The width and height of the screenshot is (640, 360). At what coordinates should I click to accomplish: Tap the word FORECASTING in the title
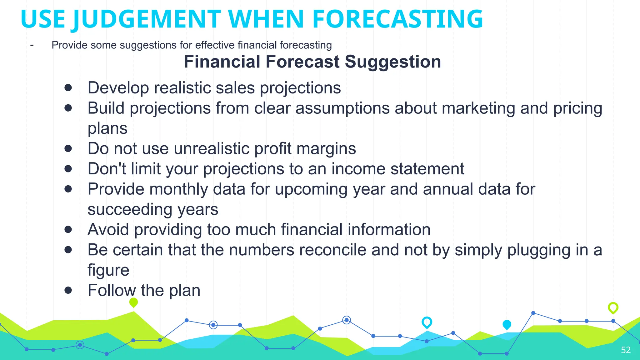pos(397,19)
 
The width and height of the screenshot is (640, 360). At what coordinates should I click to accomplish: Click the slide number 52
pos(626,350)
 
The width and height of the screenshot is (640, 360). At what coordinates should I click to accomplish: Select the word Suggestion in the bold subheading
pos(393,62)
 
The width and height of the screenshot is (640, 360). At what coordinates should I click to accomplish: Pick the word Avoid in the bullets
pos(108,230)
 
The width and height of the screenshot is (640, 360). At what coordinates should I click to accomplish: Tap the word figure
pos(108,270)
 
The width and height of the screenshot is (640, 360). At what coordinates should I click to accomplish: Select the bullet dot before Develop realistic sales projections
pos(68,88)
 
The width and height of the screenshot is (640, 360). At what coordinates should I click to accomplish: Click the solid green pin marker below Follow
pos(133,302)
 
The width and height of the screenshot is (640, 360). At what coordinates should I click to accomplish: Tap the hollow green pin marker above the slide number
pos(613,307)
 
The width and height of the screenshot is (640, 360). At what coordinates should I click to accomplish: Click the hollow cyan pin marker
pos(427,322)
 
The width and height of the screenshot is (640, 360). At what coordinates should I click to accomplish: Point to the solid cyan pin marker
pos(507,324)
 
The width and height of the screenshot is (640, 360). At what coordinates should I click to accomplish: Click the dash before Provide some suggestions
pos(32,45)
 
